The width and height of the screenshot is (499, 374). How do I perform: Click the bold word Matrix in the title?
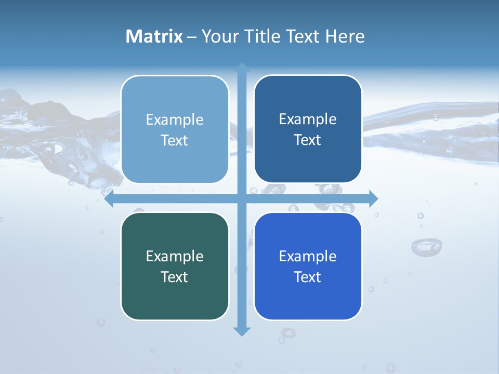(154, 36)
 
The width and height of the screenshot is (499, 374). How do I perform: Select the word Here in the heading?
(345, 36)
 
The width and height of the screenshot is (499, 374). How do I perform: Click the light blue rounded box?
(175, 130)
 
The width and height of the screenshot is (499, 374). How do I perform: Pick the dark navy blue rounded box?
(308, 129)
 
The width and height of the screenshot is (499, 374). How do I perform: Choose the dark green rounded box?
(175, 266)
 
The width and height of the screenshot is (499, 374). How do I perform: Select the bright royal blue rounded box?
(308, 266)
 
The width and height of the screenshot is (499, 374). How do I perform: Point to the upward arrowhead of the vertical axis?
(242, 67)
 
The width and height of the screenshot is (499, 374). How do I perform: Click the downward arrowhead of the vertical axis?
(242, 331)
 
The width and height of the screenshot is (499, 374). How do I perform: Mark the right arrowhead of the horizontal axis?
(373, 199)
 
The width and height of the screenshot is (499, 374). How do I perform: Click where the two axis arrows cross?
(242, 199)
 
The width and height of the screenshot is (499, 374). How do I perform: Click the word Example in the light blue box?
(175, 120)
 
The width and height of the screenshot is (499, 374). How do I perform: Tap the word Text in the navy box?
(308, 140)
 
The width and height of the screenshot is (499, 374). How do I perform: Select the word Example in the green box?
(175, 257)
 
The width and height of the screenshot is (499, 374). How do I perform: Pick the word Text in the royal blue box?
(308, 277)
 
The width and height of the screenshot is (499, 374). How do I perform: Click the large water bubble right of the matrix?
(427, 246)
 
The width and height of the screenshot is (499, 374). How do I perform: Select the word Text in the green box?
(175, 277)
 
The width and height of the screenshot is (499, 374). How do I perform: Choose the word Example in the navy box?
(308, 119)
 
